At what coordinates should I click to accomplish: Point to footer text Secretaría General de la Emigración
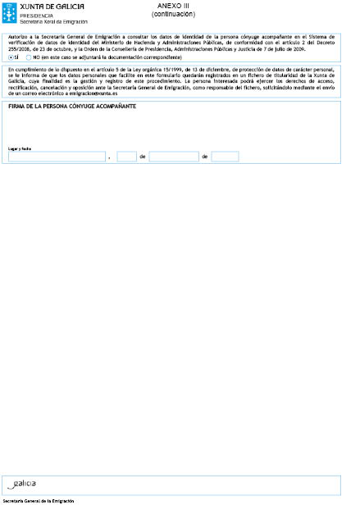click(x=38, y=500)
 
